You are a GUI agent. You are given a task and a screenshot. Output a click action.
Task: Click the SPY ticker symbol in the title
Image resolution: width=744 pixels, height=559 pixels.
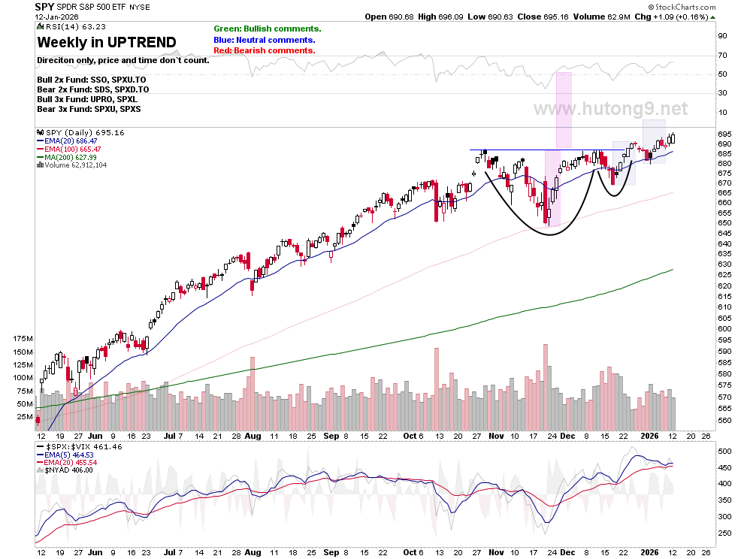click(44, 7)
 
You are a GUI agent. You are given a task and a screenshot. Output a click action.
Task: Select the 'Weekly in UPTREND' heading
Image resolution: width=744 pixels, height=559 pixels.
click(107, 42)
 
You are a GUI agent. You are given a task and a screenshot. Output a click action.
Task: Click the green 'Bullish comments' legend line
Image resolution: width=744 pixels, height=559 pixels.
click(267, 29)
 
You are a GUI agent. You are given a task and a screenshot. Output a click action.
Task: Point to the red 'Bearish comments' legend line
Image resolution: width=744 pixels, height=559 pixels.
click(265, 50)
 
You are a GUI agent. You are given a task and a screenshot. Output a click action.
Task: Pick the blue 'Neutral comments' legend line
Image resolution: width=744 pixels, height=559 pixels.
click(265, 40)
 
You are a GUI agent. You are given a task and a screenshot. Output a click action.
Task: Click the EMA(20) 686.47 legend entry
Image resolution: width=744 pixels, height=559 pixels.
click(67, 141)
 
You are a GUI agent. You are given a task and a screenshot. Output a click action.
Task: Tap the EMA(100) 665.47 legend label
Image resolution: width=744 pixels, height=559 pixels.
click(69, 149)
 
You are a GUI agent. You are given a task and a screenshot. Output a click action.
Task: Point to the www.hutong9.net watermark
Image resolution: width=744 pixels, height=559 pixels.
click(611, 109)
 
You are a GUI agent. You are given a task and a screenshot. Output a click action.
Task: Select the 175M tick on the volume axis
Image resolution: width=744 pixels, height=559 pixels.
click(23, 338)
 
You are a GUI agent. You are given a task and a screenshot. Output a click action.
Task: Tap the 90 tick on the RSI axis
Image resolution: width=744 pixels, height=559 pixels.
click(723, 36)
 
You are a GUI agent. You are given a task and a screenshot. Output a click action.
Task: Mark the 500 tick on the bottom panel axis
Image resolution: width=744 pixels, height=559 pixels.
click(724, 451)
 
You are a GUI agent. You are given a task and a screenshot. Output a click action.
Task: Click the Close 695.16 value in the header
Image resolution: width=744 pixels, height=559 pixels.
click(543, 17)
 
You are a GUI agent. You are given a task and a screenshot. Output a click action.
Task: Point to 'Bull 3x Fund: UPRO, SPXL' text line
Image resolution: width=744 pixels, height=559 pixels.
click(87, 99)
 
